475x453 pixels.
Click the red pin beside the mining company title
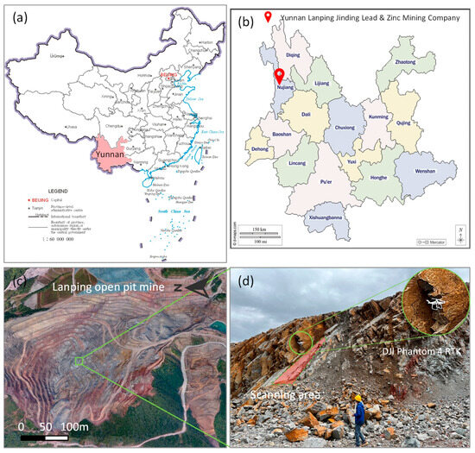pyautogui.click(x=268, y=16)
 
